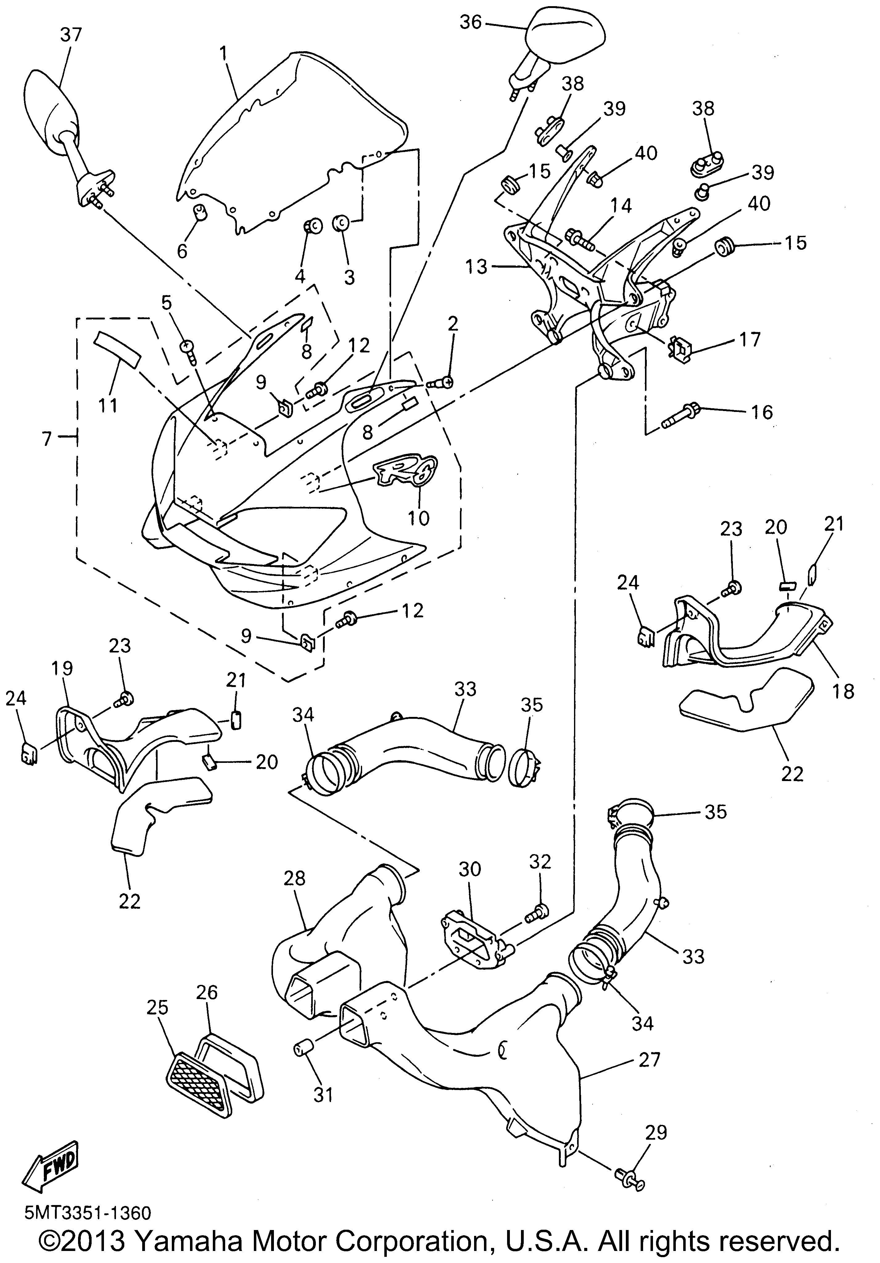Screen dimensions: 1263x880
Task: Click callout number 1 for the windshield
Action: pos(223,53)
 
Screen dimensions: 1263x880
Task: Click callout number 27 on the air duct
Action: pos(649,1059)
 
